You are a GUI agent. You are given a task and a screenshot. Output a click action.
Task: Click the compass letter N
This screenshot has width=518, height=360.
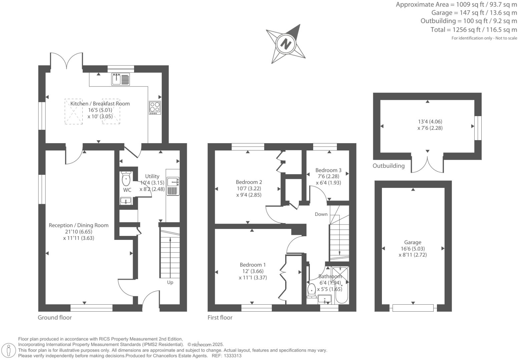[x=286, y=44]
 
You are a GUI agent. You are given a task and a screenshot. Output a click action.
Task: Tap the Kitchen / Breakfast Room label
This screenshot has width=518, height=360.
[x=100, y=104]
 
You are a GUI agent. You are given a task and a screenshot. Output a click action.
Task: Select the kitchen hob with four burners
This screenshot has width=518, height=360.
[x=155, y=107]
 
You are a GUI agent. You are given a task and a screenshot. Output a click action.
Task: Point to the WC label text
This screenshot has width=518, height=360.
[x=127, y=190]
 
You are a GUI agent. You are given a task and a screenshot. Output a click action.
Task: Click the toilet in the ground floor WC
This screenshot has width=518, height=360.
[x=126, y=179]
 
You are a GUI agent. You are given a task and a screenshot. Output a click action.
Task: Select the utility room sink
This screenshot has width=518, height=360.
[x=173, y=182]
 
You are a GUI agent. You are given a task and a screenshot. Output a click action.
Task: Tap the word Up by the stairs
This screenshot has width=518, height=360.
[x=170, y=283]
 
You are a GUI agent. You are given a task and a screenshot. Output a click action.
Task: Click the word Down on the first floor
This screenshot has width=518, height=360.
[x=321, y=214]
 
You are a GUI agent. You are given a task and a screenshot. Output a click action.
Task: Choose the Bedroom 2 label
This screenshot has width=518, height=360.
[x=248, y=182]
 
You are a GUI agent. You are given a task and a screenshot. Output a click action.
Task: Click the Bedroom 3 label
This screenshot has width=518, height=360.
[x=328, y=170]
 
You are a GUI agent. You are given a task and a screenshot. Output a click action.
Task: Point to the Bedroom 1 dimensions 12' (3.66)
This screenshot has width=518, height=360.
[x=252, y=271]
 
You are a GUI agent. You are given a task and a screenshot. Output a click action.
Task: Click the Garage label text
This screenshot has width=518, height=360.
[x=413, y=243]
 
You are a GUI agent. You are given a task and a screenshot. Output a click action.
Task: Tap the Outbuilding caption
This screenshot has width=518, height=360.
[x=388, y=166]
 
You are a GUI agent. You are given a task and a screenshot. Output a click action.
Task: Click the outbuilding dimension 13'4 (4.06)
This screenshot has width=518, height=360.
[x=430, y=122]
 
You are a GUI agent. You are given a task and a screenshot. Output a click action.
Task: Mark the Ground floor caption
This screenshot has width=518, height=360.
[x=54, y=318]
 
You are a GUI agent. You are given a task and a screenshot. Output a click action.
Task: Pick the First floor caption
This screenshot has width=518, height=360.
[x=220, y=318]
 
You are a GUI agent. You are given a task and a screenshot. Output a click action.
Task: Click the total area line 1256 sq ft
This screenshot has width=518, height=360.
[x=473, y=30]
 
